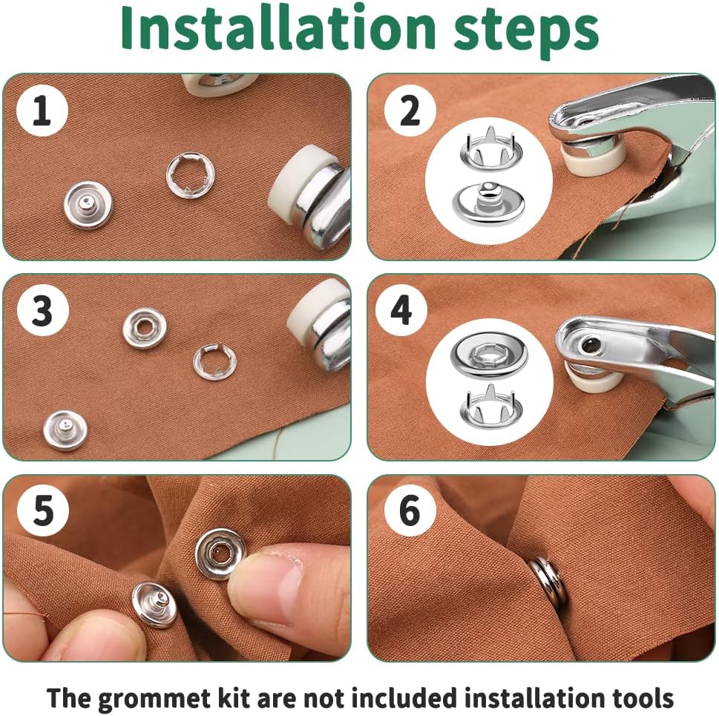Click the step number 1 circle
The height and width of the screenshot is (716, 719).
42,110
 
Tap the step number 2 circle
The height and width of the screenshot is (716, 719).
410,110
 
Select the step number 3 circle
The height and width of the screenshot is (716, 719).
42,310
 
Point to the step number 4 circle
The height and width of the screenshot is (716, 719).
401,310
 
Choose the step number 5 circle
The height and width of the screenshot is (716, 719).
43,510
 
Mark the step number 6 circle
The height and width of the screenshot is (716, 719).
410,510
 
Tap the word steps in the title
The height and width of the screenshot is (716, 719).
526,31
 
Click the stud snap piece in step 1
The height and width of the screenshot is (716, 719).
88,204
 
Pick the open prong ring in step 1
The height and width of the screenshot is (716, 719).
190,174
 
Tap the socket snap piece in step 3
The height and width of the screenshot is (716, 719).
145,328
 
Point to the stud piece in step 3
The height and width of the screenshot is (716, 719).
65,430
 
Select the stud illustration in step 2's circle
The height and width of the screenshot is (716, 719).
489,203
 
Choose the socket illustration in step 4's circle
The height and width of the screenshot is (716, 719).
489,355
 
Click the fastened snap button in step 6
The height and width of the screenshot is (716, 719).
548,581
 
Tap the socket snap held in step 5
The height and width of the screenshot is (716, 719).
220,554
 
